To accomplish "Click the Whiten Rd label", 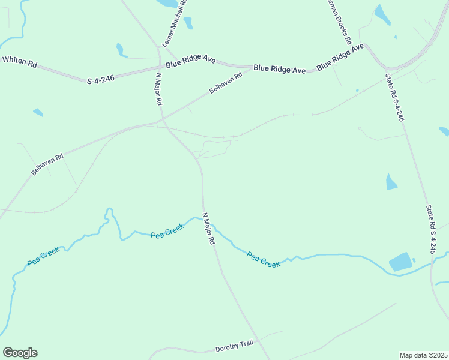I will [19, 61].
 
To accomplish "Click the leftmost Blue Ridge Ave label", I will [190, 61].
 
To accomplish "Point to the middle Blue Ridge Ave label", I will [279, 69].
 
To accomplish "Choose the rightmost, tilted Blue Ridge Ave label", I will [340, 56].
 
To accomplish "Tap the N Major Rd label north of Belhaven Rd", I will [159, 89].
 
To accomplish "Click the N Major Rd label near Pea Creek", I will [208, 229].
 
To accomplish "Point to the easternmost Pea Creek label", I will [264, 260].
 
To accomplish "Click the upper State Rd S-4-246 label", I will [394, 97].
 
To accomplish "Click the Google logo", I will [20, 353].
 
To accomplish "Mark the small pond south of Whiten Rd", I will [38, 112].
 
